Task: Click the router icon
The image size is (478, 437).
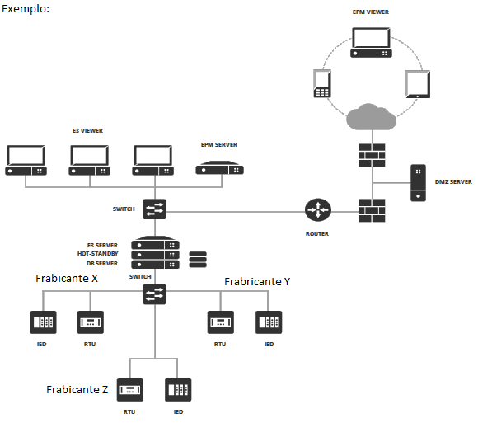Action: (318, 209)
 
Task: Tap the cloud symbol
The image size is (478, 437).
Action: (372, 117)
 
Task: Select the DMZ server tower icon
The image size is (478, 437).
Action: (419, 183)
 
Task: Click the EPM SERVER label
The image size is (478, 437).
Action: (219, 145)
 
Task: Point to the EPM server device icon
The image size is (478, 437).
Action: (219, 167)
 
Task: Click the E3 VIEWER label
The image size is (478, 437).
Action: (87, 131)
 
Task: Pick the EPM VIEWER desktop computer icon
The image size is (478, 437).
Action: (371, 42)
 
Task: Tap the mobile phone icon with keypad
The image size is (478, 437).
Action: (322, 83)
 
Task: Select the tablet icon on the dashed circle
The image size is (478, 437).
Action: (418, 84)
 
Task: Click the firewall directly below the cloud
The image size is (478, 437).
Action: (372, 155)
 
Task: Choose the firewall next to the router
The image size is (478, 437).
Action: (372, 210)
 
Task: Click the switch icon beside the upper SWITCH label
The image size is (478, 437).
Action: (155, 209)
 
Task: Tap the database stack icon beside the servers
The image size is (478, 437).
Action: (198, 260)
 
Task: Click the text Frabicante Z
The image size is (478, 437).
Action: (77, 389)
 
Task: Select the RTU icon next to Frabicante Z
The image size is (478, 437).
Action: (130, 390)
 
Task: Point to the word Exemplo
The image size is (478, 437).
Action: (26, 9)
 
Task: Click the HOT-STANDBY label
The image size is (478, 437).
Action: (97, 254)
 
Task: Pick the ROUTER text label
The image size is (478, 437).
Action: (317, 234)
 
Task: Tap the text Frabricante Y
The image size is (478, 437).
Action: (257, 281)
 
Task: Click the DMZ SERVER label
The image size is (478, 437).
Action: (453, 182)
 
